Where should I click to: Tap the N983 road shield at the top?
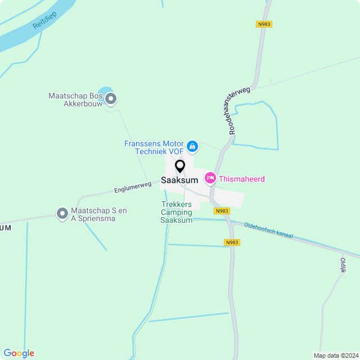pyautogui.click(x=264, y=24)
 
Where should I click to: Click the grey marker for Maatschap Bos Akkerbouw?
pyautogui.click(x=111, y=100)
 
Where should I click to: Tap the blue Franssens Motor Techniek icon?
pyautogui.click(x=192, y=147)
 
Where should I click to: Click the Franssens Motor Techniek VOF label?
pyautogui.click(x=154, y=148)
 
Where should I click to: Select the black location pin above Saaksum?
pyautogui.click(x=180, y=166)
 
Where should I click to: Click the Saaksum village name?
pyautogui.click(x=179, y=181)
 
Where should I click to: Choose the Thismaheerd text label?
pyautogui.click(x=242, y=179)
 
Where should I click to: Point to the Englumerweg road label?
pyautogui.click(x=133, y=187)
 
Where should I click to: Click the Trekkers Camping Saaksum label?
pyautogui.click(x=177, y=212)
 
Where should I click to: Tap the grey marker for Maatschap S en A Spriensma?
pyautogui.click(x=62, y=214)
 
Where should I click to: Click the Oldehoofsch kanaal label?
pyautogui.click(x=268, y=231)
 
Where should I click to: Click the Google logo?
pyautogui.click(x=19, y=353)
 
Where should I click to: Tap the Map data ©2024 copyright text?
pyautogui.click(x=336, y=355)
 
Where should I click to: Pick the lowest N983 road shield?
pyautogui.click(x=232, y=242)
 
